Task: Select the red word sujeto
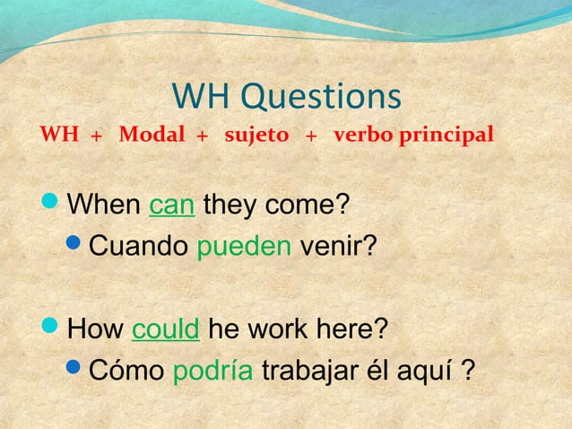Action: (256, 136)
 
